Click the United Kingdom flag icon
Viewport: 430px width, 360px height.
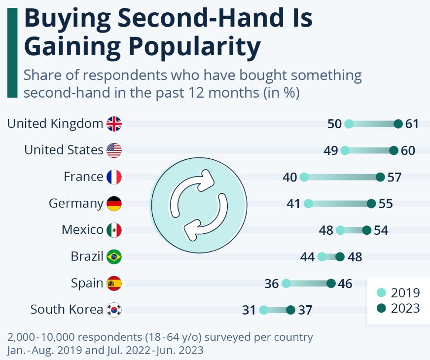[x=114, y=124]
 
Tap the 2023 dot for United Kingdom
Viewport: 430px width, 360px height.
[x=398, y=124]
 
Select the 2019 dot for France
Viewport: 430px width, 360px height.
[x=304, y=177]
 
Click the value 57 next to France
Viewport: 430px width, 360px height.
[x=394, y=177]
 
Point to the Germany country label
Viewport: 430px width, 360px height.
[x=76, y=203]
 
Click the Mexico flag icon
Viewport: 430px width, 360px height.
[x=114, y=230]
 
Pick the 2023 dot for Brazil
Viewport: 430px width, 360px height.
[x=340, y=256]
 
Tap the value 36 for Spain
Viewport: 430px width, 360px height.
[x=271, y=284]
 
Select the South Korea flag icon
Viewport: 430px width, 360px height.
[x=114, y=310]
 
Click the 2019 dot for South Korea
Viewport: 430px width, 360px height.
[x=264, y=310]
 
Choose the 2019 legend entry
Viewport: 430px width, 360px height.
[x=398, y=292]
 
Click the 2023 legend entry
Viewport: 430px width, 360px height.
[x=398, y=308]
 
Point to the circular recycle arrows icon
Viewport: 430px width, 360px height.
[x=198, y=203]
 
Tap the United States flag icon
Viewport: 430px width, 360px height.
[x=114, y=150]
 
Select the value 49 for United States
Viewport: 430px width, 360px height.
[x=330, y=150]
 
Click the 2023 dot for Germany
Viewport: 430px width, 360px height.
[x=371, y=204]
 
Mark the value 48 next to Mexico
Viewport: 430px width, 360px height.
[x=326, y=230]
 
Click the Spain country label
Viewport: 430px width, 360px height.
[x=87, y=283]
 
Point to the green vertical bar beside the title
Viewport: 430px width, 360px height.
[x=12, y=52]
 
